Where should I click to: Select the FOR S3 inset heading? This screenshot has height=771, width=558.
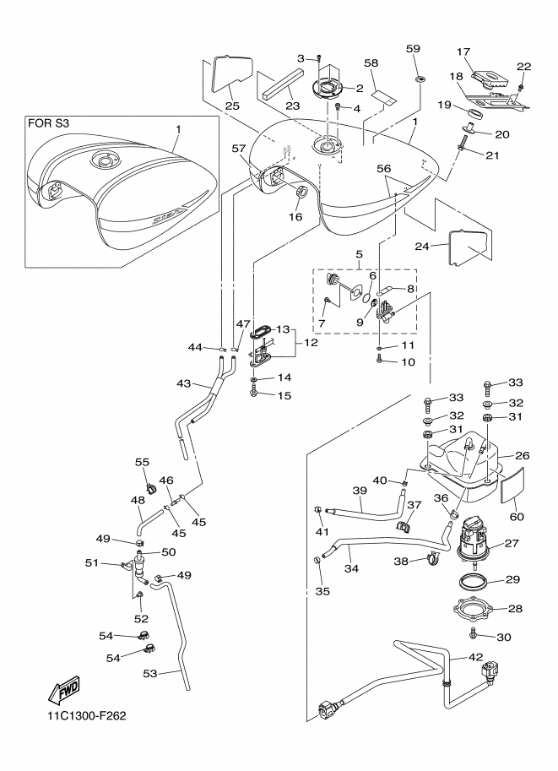pos(50,123)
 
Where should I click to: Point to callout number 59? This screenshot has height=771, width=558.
pos(414,49)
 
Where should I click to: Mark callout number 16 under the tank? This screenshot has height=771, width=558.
pos(296,216)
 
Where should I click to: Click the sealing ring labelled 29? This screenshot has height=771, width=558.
pos(477,581)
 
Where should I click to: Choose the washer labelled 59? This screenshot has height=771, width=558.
pos(420,79)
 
